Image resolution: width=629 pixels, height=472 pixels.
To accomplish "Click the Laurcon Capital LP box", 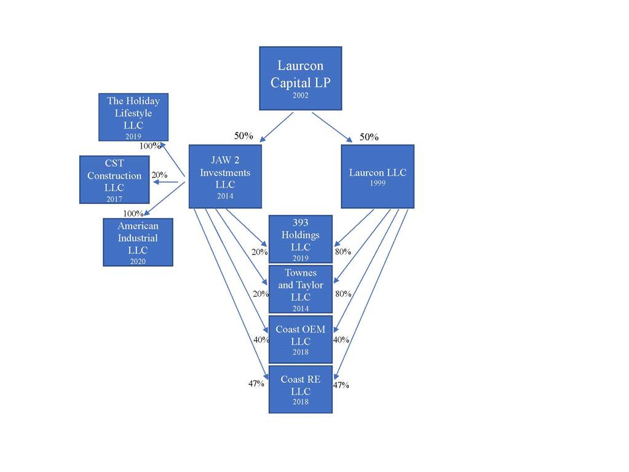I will tap(300, 78).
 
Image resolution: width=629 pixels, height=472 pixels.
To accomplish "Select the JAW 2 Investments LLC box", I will tap(225, 176).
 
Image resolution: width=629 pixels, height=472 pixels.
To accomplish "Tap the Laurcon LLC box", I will tap(377, 176).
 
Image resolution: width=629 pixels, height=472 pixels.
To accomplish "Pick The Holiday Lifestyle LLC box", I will tap(133, 117).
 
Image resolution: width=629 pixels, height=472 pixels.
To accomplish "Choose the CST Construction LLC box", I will tap(114, 179).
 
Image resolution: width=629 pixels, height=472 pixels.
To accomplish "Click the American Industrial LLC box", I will tap(138, 242).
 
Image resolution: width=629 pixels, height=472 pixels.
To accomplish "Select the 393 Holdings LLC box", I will tap(301, 239).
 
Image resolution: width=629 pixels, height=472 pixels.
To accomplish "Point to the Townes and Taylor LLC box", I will tap(301, 289).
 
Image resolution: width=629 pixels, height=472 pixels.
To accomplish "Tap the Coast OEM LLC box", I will tap(301, 339).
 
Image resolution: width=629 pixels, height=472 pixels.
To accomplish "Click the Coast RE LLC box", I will tap(301, 389).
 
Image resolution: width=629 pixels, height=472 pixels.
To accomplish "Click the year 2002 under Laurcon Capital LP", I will tap(301, 96).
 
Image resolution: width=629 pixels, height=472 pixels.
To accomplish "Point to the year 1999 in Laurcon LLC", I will tap(377, 183).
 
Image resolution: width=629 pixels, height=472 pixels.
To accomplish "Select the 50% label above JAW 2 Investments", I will tap(243, 136).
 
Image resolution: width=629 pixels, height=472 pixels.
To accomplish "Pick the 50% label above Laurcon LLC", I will tap(369, 137).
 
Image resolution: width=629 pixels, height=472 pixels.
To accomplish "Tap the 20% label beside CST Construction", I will tap(159, 175).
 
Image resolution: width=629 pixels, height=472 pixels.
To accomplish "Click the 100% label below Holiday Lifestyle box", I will tap(150, 146).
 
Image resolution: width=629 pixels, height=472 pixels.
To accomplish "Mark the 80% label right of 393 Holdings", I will tap(342, 251).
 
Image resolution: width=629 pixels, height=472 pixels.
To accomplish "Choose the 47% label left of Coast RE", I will tap(256, 383).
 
